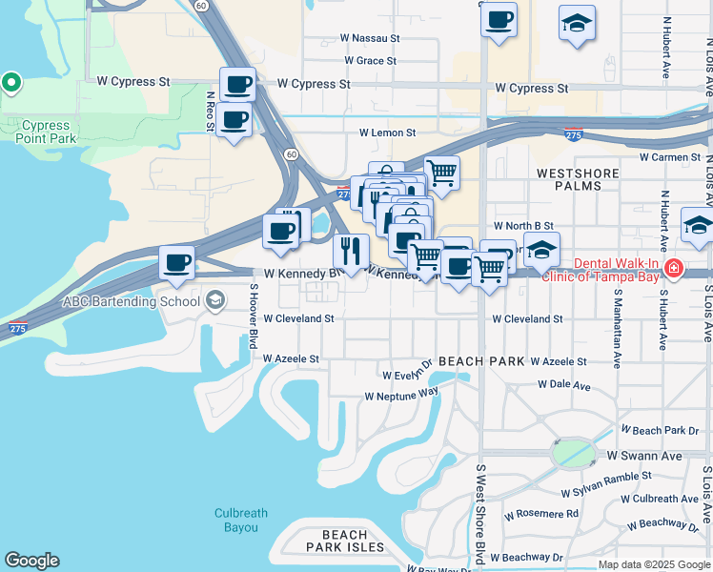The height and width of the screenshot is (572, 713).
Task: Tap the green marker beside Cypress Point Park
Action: (11, 84)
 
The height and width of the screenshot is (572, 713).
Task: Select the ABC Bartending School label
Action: (130, 300)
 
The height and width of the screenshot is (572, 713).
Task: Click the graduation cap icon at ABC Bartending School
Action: (214, 300)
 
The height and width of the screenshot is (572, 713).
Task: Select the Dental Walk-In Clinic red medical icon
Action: (675, 269)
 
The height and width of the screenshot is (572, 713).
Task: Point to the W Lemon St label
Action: (387, 133)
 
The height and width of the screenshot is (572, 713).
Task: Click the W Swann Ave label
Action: (645, 457)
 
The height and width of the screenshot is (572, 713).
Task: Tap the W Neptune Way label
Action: (401, 393)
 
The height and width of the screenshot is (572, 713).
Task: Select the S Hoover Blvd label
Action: (255, 316)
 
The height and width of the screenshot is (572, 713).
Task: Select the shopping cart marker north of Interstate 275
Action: (441, 173)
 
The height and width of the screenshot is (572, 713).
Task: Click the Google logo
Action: (31, 562)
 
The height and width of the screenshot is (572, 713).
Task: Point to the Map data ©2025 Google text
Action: (654, 564)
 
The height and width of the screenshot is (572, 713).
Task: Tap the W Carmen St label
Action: (669, 156)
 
